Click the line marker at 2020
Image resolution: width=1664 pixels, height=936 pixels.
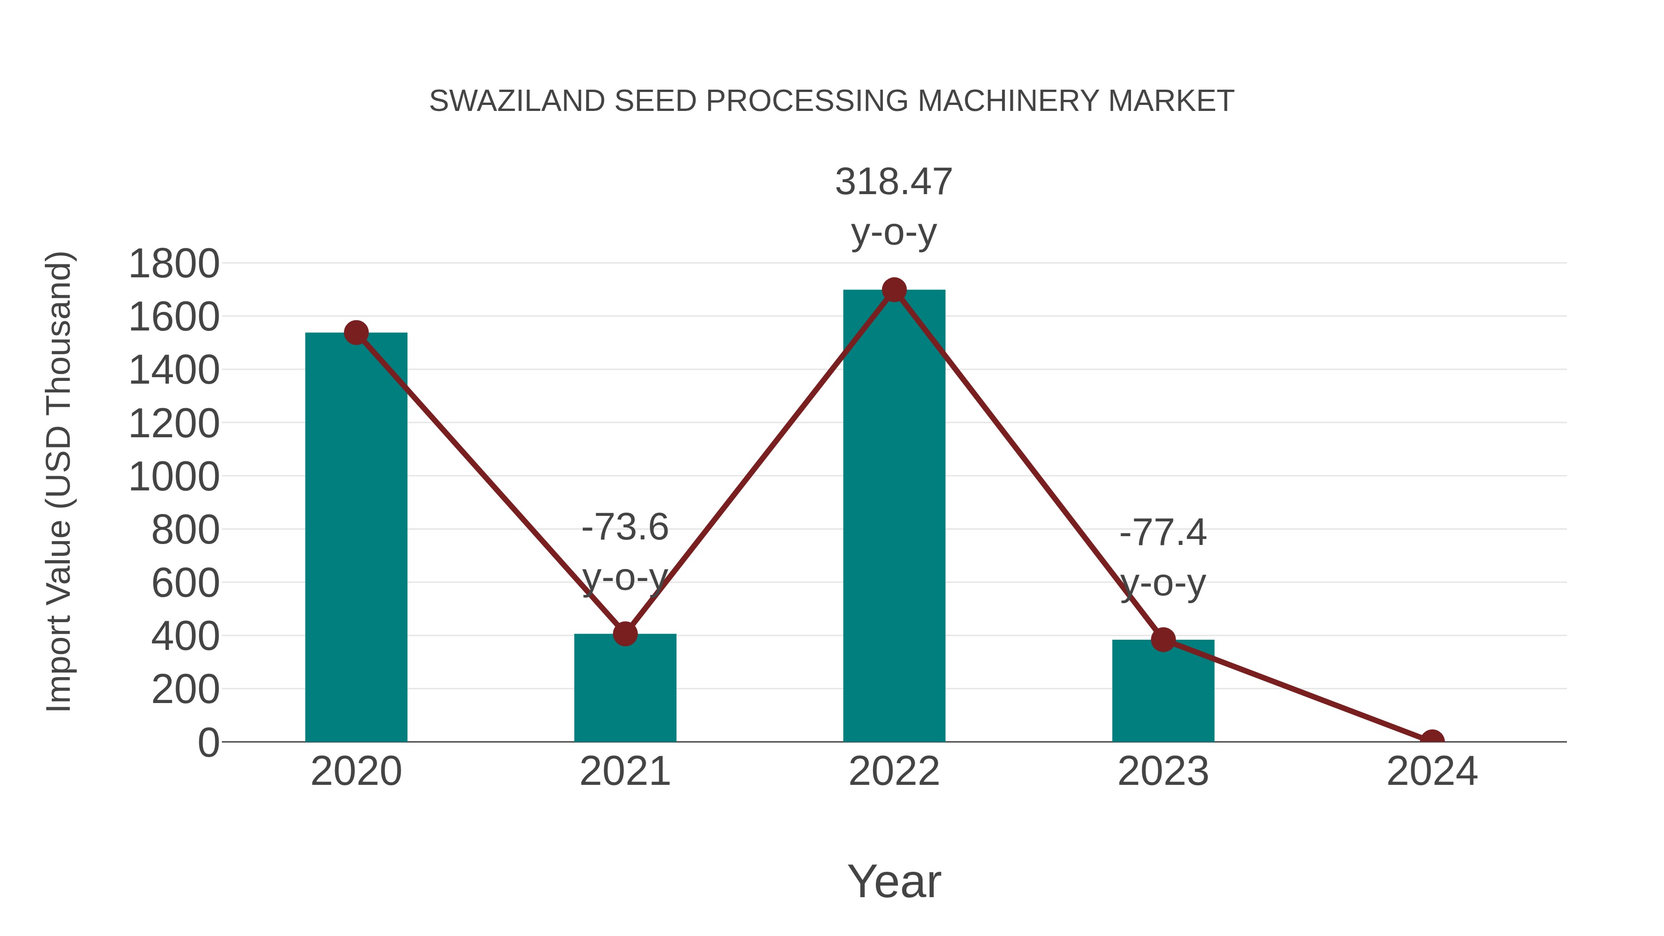[356, 333]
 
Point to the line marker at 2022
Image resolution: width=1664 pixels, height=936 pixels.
[894, 290]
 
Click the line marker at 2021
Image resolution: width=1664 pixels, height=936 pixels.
[624, 634]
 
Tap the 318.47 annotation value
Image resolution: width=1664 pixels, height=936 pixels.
[893, 182]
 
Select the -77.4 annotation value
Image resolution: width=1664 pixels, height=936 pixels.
[1163, 533]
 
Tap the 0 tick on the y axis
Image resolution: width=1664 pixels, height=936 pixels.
[208, 742]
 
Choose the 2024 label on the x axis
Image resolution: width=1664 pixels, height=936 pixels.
[1432, 771]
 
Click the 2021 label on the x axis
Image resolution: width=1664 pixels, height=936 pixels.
[624, 771]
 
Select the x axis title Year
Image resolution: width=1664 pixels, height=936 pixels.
[894, 881]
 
